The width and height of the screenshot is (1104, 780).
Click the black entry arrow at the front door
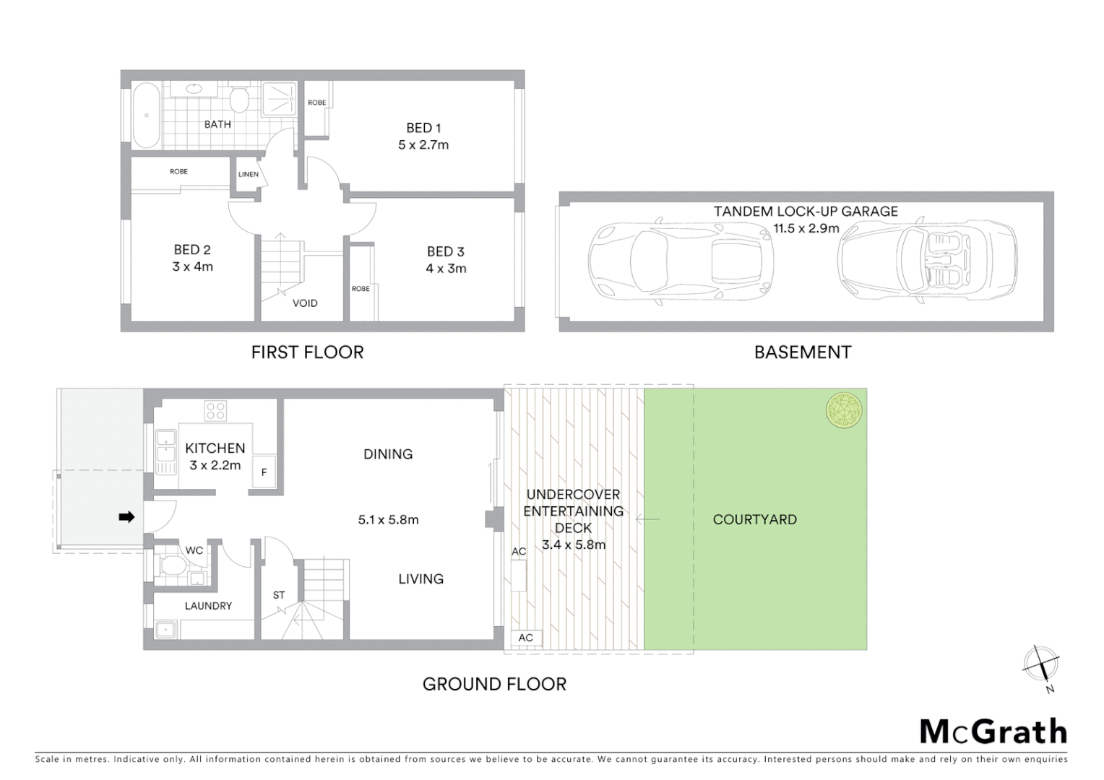(126, 517)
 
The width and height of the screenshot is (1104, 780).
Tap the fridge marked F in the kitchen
(264, 472)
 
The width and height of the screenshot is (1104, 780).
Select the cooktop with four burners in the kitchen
(215, 411)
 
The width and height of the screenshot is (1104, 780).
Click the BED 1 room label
(423, 128)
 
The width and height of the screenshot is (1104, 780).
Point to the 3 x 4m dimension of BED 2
(192, 266)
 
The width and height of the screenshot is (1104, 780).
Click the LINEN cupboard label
(248, 174)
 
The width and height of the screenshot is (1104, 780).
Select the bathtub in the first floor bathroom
(146, 116)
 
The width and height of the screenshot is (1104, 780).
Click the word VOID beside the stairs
(305, 303)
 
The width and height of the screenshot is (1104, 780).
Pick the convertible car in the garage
(928, 261)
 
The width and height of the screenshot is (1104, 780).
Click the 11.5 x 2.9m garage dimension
(806, 228)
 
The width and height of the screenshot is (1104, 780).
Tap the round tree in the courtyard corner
(844, 409)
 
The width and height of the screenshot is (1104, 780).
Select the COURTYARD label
(754, 519)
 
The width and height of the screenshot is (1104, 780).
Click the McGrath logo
(993, 732)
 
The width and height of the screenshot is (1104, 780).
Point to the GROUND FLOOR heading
(494, 684)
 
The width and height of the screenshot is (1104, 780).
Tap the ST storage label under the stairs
(279, 595)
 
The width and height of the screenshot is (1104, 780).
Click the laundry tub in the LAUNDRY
(166, 630)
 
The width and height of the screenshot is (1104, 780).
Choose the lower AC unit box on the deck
(525, 637)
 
